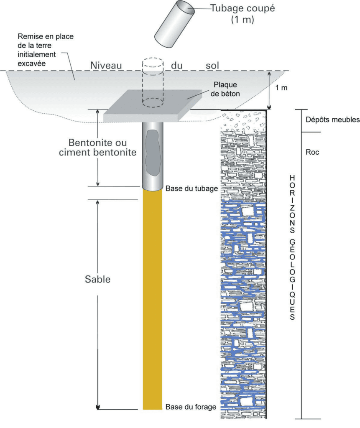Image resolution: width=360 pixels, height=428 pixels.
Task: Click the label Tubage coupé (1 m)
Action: tap(243, 14)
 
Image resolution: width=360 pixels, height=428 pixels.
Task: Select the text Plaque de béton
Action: tap(225, 89)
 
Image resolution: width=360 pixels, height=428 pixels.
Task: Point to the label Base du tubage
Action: tap(192, 189)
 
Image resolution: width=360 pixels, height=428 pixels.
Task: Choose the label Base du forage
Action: tap(191, 407)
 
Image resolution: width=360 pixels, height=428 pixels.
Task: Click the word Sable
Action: tap(97, 279)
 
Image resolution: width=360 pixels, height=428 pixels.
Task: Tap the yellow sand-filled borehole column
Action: tap(153, 299)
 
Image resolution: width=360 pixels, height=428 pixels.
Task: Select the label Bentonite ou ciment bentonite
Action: tap(97, 148)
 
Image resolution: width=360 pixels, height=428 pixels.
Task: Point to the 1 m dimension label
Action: tap(281, 88)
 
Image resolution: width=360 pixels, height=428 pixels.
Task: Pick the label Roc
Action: tap(312, 152)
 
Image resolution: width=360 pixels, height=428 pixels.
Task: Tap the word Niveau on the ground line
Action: tap(106, 66)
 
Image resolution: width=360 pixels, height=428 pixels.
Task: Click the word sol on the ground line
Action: tap(212, 66)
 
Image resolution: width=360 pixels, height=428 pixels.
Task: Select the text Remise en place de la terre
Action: tap(46, 41)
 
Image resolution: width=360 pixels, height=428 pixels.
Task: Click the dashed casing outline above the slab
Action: tap(153, 82)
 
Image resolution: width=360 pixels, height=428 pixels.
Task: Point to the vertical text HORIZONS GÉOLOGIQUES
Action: tap(292, 247)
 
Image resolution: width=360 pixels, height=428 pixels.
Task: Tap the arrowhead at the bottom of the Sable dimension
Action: tap(98, 407)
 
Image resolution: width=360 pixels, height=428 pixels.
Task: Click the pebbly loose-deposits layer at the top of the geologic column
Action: tap(243, 120)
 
